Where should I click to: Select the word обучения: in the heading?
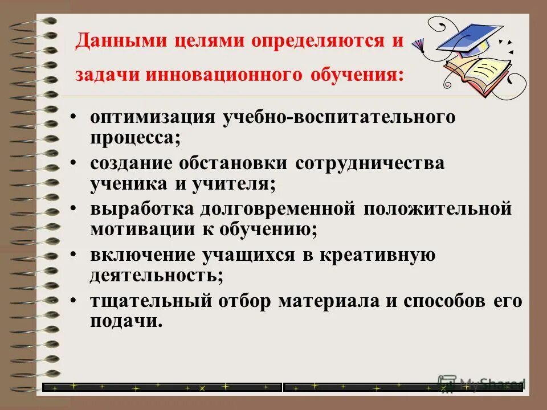pos(357,76)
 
